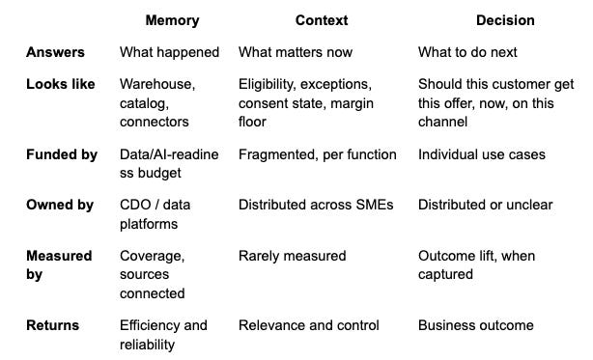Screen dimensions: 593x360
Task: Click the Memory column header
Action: [x=172, y=20]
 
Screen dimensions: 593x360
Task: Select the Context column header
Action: [x=322, y=20]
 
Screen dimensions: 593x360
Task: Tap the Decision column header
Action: [x=505, y=20]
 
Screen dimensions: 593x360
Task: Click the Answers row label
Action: [x=55, y=52]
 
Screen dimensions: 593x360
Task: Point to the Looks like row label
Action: [x=61, y=84]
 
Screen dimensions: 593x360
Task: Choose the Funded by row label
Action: [x=62, y=154]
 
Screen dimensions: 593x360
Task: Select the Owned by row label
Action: [x=60, y=206]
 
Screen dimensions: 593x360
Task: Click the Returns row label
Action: [x=52, y=325]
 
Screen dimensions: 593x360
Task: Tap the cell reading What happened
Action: [x=169, y=52]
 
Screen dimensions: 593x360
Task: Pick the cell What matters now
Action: [x=296, y=52]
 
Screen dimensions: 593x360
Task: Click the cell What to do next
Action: [x=467, y=52]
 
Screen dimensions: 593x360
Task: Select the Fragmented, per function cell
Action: [x=318, y=154]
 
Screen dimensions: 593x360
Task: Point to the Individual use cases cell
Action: [x=482, y=154]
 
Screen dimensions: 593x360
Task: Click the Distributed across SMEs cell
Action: [x=316, y=205]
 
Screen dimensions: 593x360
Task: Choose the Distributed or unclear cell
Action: [x=485, y=205]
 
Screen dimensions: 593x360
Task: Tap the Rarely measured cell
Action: [x=293, y=256]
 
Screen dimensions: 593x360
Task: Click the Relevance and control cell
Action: [x=309, y=325]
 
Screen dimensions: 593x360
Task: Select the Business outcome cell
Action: [x=476, y=325]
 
